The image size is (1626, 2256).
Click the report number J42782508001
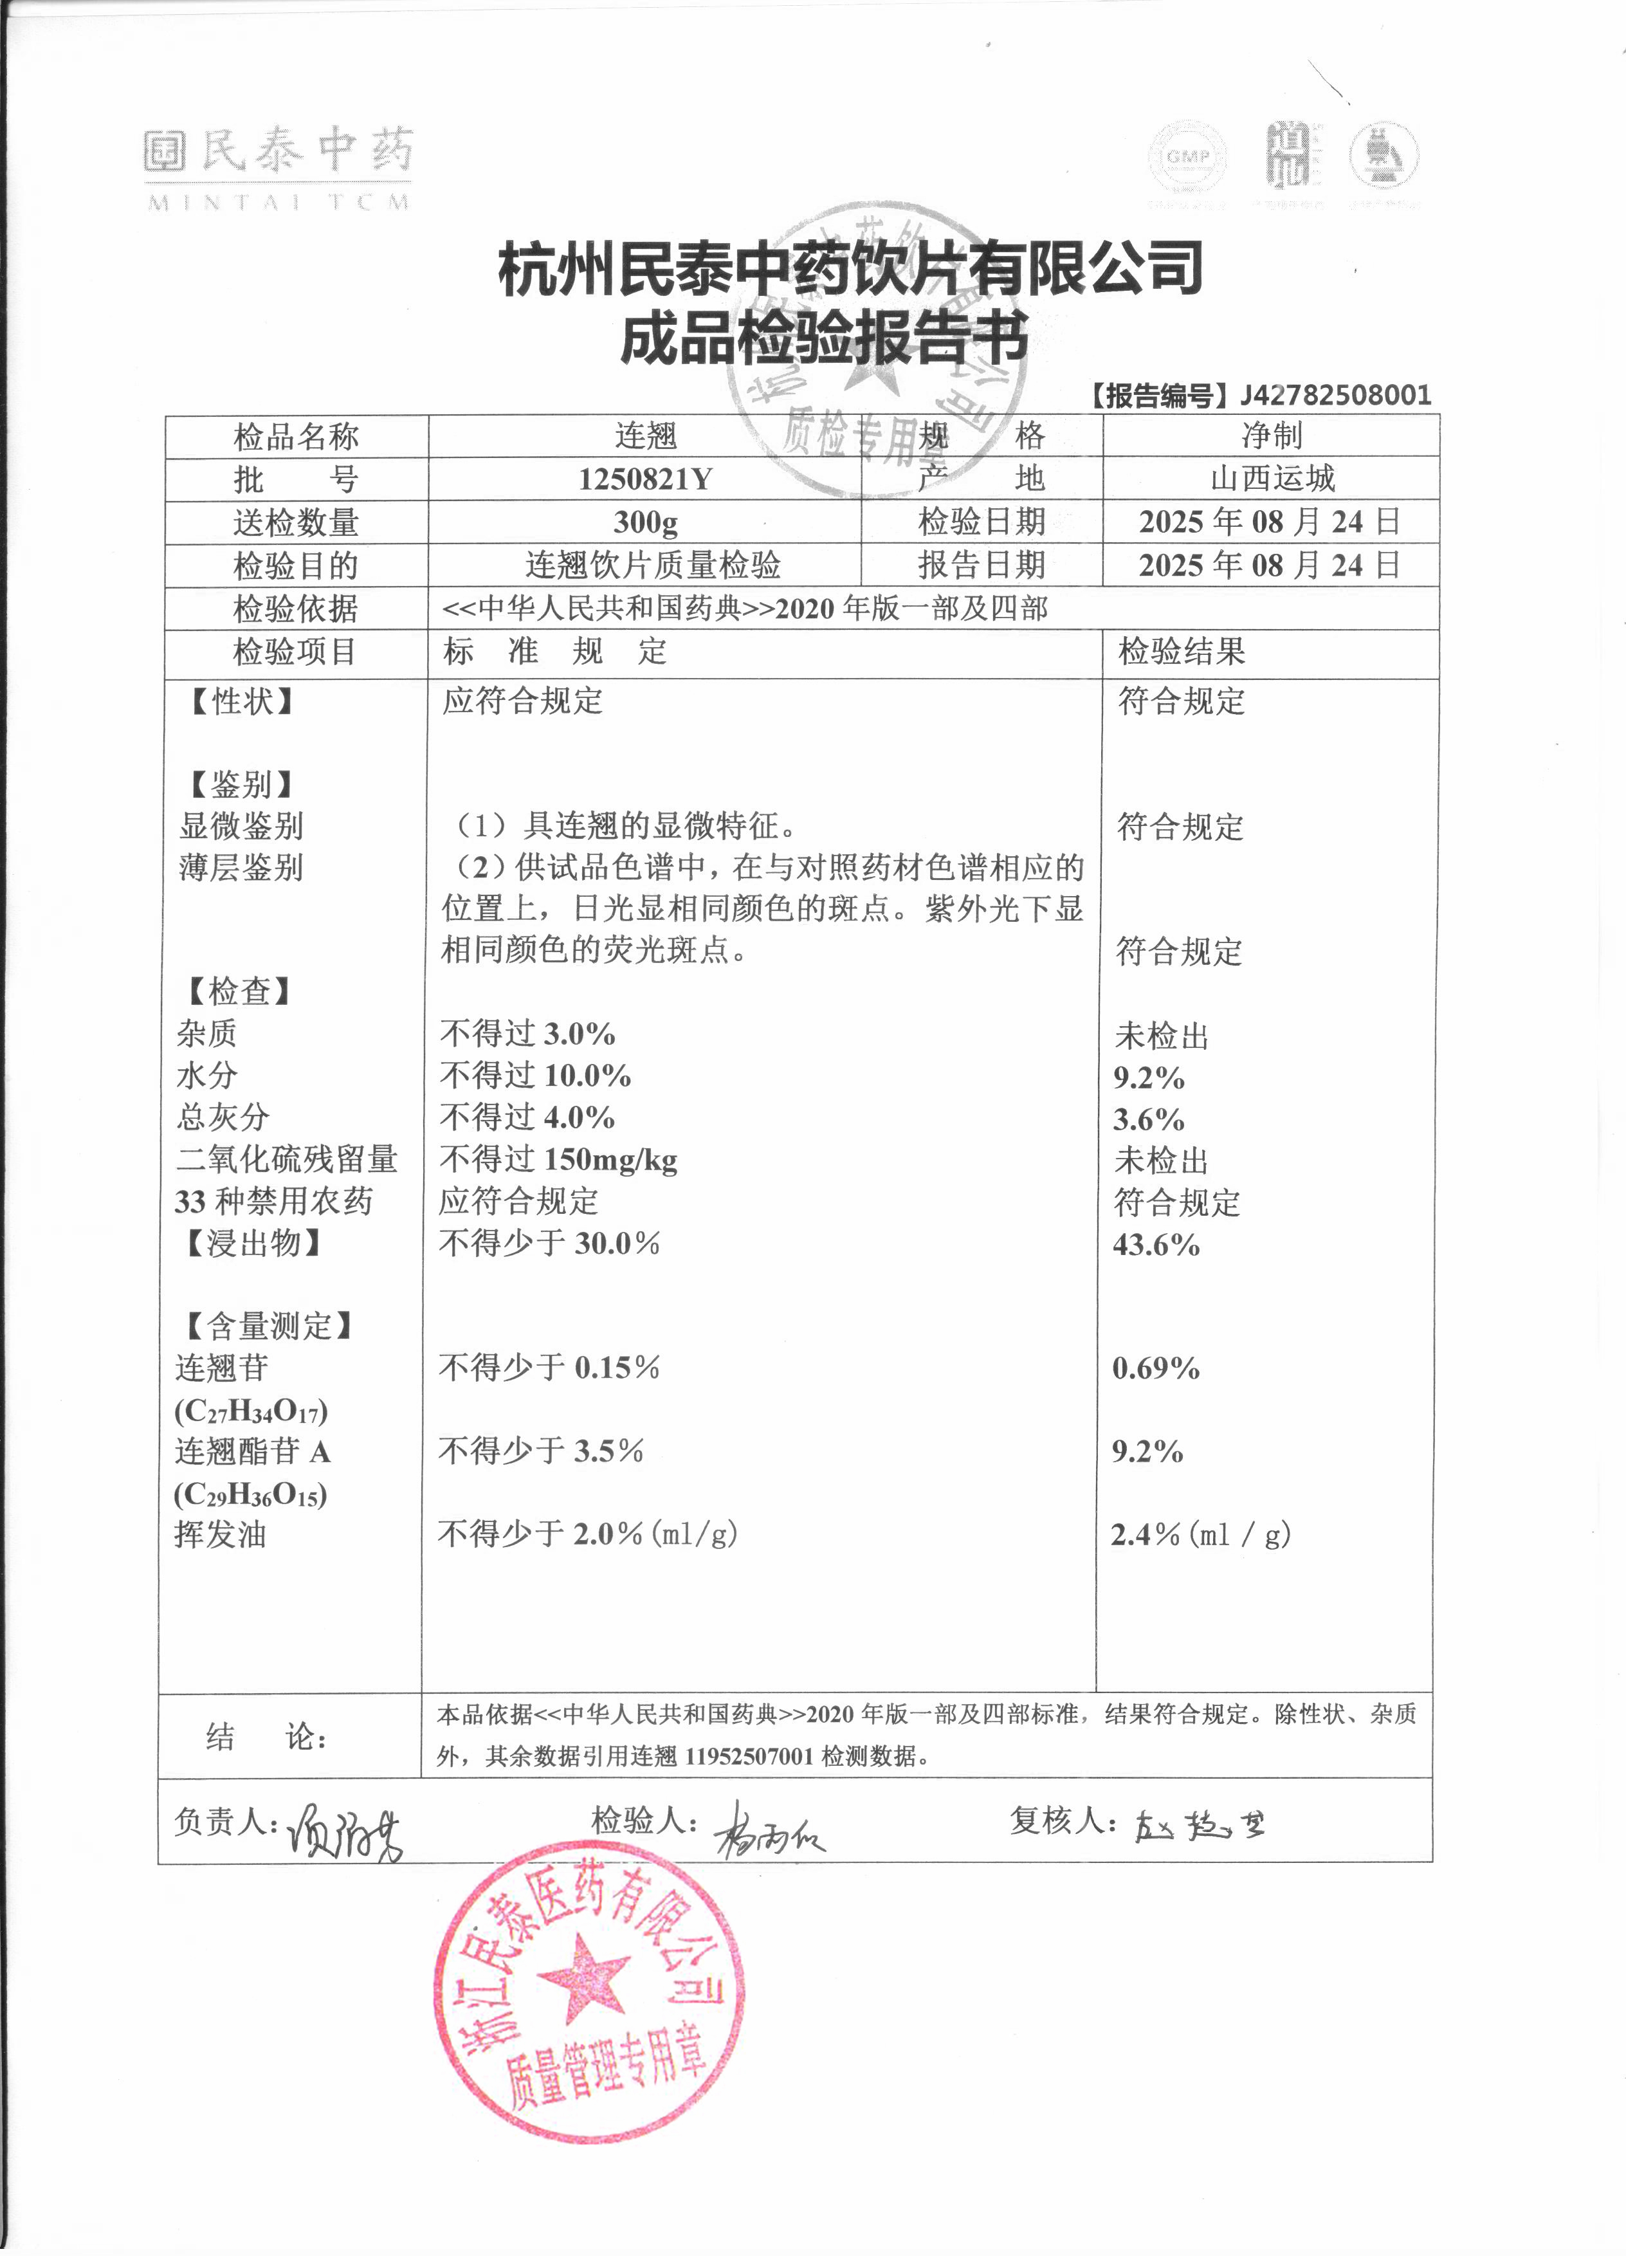1335,395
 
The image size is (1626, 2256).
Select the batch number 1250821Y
644,479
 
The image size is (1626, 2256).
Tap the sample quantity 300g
644,522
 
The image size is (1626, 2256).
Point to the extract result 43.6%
1156,1244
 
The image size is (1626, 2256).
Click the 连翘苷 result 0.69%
1156,1369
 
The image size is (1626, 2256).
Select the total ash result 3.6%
1149,1120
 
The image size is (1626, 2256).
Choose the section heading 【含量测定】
266,1326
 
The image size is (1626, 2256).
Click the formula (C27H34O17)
251,1411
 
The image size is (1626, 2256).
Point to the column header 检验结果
1182,652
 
